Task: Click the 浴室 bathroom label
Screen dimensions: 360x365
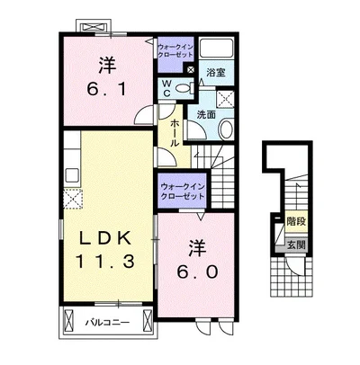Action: [216, 73]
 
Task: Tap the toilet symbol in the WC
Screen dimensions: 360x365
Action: [184, 88]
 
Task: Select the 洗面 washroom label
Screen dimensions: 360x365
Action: [206, 115]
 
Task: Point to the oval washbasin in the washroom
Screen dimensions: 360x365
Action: [227, 129]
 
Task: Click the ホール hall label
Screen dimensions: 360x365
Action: [174, 133]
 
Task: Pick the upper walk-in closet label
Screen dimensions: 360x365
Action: [175, 51]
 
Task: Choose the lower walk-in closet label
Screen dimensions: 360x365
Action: [183, 191]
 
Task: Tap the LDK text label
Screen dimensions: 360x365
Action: [105, 239]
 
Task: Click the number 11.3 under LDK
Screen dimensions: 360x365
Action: [105, 261]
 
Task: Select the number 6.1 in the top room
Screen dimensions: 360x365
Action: [106, 89]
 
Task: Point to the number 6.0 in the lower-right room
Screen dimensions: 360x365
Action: [197, 272]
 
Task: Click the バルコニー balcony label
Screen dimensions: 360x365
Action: [107, 323]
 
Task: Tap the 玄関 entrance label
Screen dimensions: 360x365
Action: [296, 245]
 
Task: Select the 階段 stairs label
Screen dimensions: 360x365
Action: [296, 222]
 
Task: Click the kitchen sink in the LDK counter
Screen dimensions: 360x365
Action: [72, 175]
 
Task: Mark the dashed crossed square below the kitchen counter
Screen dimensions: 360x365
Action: [73, 199]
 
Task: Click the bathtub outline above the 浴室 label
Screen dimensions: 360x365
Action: [217, 48]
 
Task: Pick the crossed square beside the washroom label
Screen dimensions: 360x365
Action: [225, 98]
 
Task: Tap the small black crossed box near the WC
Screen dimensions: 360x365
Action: [191, 70]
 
